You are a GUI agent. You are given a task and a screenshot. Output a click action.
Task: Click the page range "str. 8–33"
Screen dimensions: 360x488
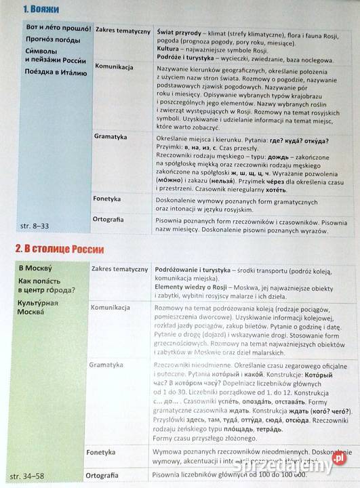click(31, 224)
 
